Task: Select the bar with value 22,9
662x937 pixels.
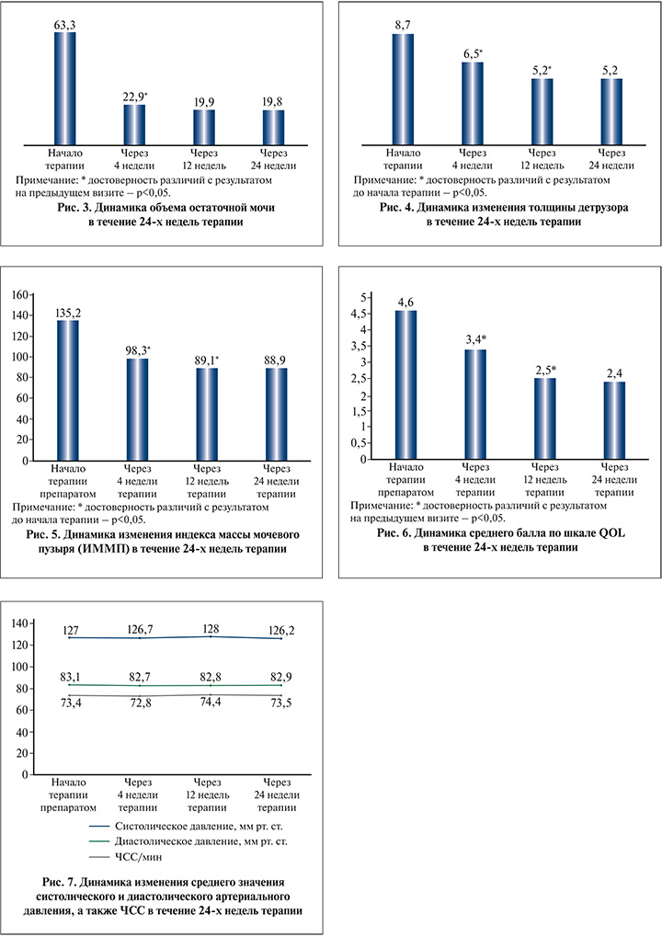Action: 135,121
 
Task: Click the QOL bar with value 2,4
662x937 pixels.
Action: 613,420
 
